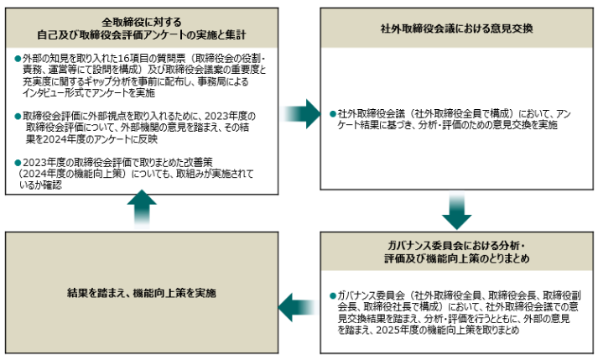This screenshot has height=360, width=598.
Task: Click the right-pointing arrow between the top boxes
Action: (301, 114)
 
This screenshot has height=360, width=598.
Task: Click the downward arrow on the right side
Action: (457, 211)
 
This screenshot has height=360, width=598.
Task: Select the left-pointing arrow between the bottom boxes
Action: (299, 307)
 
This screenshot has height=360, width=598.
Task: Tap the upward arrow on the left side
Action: (142, 209)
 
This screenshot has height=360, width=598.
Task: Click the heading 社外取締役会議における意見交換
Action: (456, 29)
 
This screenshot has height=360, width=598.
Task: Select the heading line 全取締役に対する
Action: (142, 22)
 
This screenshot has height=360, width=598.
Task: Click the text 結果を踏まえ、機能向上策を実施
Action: (142, 293)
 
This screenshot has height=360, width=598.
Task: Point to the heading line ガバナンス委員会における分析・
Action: (456, 246)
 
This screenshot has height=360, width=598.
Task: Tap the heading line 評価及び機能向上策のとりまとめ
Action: (456, 258)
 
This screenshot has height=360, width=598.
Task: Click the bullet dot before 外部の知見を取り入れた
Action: (18, 59)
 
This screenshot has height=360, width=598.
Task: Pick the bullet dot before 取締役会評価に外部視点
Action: (18, 117)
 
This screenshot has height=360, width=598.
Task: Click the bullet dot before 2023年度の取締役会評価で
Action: (18, 163)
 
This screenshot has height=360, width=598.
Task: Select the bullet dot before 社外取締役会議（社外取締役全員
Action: (333, 114)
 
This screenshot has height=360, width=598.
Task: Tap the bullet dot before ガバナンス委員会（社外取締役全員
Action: (333, 295)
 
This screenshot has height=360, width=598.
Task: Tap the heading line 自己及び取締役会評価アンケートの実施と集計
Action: (142, 35)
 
